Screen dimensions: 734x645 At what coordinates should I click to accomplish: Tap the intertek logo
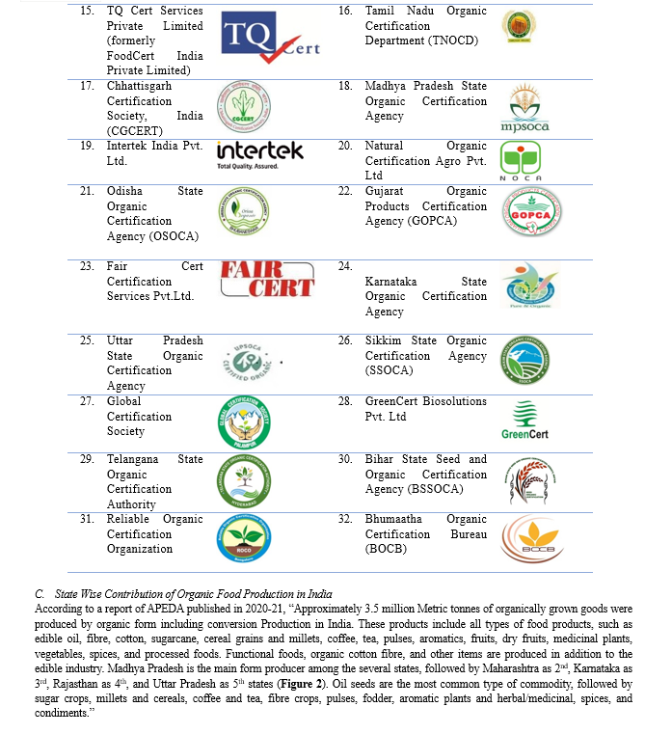coord(259,153)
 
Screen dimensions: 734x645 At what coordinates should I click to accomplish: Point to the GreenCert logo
coord(524,421)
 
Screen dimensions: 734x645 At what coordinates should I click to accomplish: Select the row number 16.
coord(345,11)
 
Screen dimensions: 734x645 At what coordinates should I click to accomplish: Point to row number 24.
coord(345,265)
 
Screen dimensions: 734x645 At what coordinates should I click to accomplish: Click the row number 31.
coord(87,519)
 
